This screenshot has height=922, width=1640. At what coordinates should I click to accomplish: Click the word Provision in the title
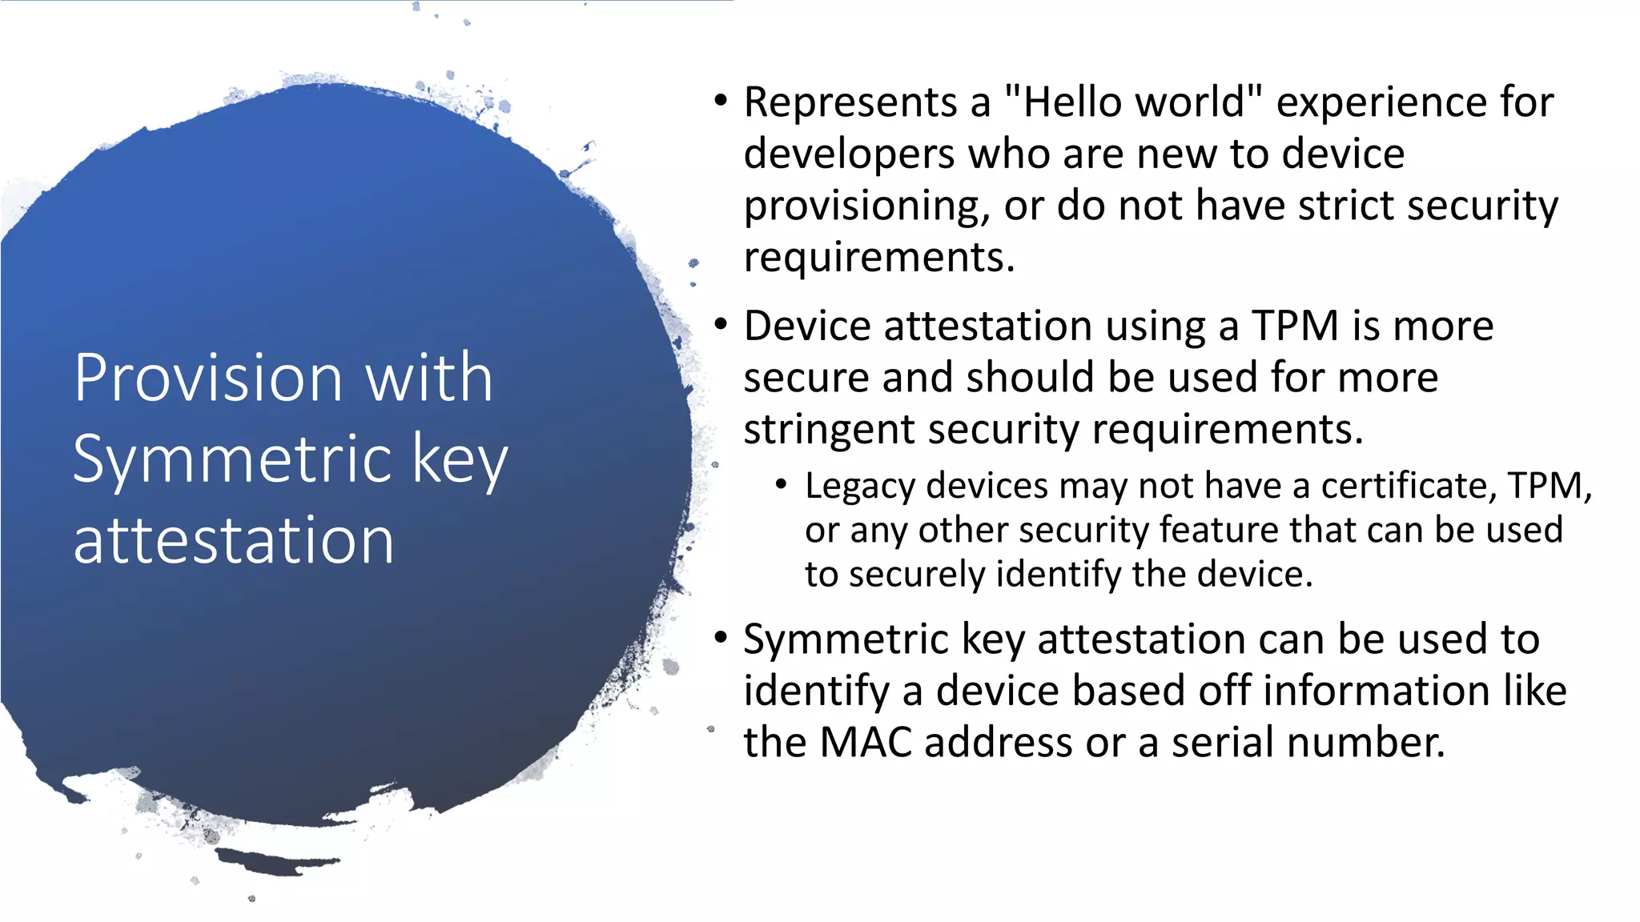click(209, 378)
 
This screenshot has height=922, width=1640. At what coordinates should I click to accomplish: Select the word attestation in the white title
click(233, 540)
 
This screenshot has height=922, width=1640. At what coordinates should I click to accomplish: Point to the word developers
click(849, 154)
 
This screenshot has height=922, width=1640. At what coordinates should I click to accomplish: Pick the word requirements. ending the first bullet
click(878, 258)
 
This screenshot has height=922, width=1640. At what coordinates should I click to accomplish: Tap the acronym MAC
click(866, 743)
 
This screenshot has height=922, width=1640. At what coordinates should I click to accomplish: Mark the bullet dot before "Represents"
click(722, 102)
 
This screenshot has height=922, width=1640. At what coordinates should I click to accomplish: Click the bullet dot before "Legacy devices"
click(782, 484)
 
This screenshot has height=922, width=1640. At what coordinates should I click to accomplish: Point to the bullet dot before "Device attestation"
click(722, 326)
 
